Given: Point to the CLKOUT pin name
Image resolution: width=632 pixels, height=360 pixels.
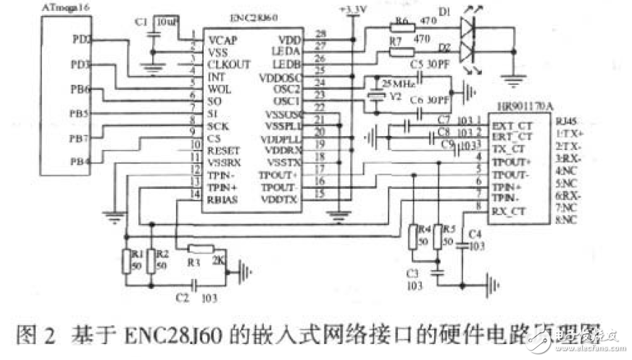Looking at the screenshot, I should point(229,64).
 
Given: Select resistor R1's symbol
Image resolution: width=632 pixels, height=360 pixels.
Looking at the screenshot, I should point(127,260).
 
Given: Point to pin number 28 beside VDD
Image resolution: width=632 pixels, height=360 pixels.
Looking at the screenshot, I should point(320,35).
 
